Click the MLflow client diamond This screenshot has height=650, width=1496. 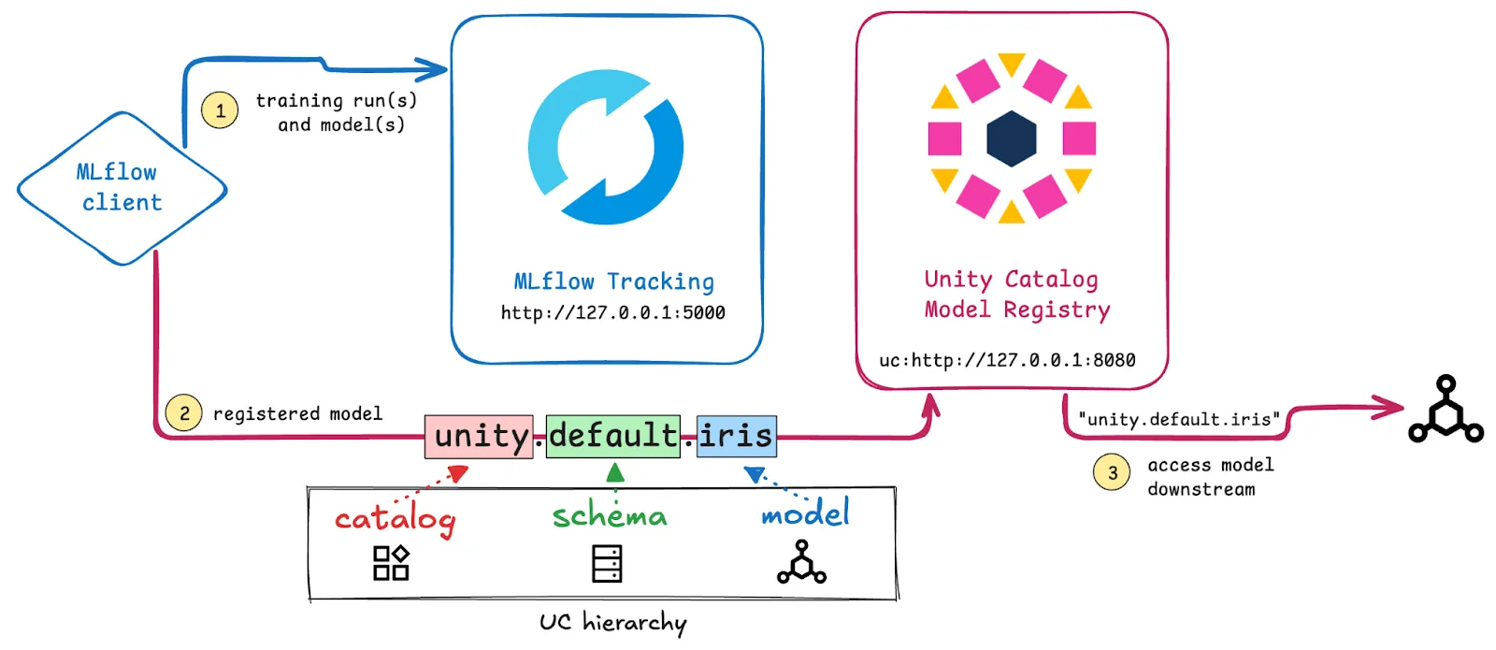[122, 188]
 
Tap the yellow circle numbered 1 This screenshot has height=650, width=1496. [220, 110]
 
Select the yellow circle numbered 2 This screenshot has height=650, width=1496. [184, 413]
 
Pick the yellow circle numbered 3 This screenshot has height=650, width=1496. [1112, 472]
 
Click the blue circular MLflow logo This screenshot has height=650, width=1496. [606, 147]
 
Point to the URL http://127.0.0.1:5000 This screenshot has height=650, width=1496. [612, 313]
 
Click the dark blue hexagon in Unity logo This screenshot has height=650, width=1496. [1012, 138]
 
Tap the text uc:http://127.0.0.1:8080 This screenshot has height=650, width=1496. [1007, 360]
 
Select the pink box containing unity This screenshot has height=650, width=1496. [479, 437]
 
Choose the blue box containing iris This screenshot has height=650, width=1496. [736, 437]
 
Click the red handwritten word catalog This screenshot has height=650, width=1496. [395, 519]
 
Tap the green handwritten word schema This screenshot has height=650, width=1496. [610, 515]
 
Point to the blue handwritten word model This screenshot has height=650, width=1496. [805, 513]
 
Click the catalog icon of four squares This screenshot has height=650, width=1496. [391, 563]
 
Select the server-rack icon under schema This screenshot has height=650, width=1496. [607, 564]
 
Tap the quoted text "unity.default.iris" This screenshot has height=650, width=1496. [1178, 420]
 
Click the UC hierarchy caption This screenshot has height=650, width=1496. [612, 623]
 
